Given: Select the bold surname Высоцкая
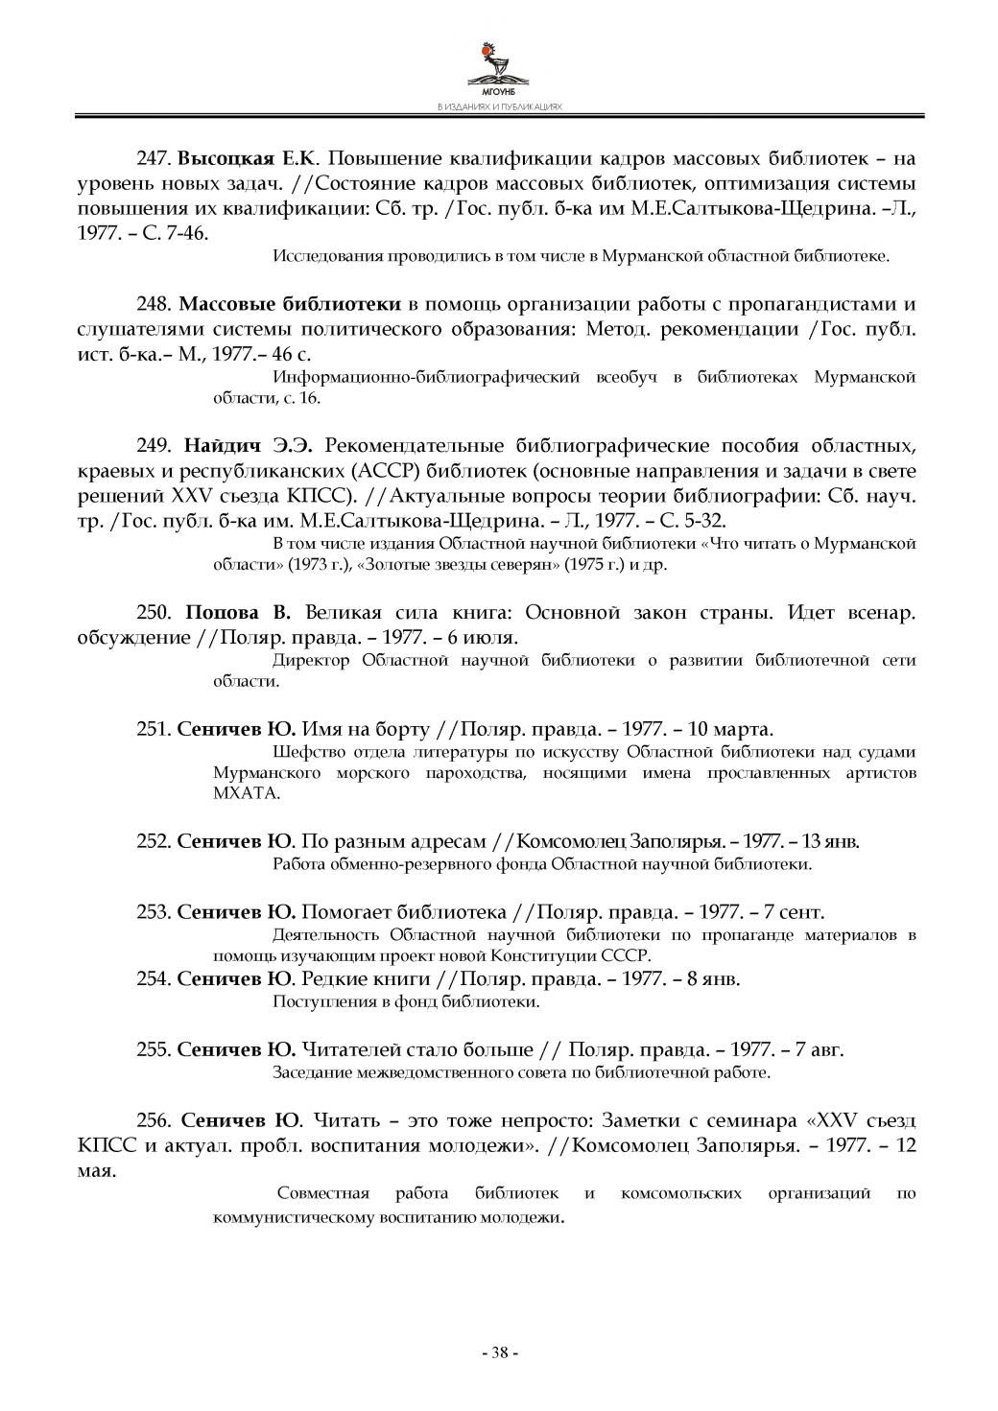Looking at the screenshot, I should coord(226,158).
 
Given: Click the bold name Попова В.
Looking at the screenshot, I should coord(237,614).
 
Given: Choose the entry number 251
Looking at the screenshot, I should coord(154,729).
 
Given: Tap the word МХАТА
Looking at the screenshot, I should coord(233,794).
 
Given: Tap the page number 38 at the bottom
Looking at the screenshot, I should coord(499,1353).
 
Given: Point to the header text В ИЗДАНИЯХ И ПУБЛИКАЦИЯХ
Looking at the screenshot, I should coord(498,107).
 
